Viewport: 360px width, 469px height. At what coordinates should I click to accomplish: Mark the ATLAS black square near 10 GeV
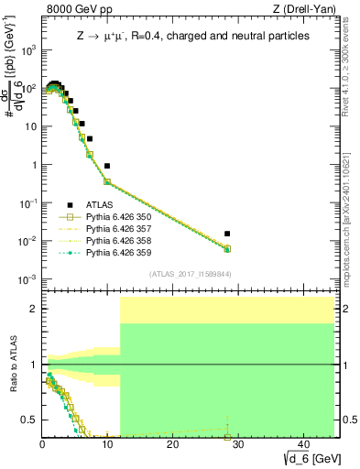[x=107, y=166]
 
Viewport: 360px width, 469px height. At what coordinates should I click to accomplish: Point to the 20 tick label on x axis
[x=172, y=445]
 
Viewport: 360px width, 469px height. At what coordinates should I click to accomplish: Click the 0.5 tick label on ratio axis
[x=28, y=420]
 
